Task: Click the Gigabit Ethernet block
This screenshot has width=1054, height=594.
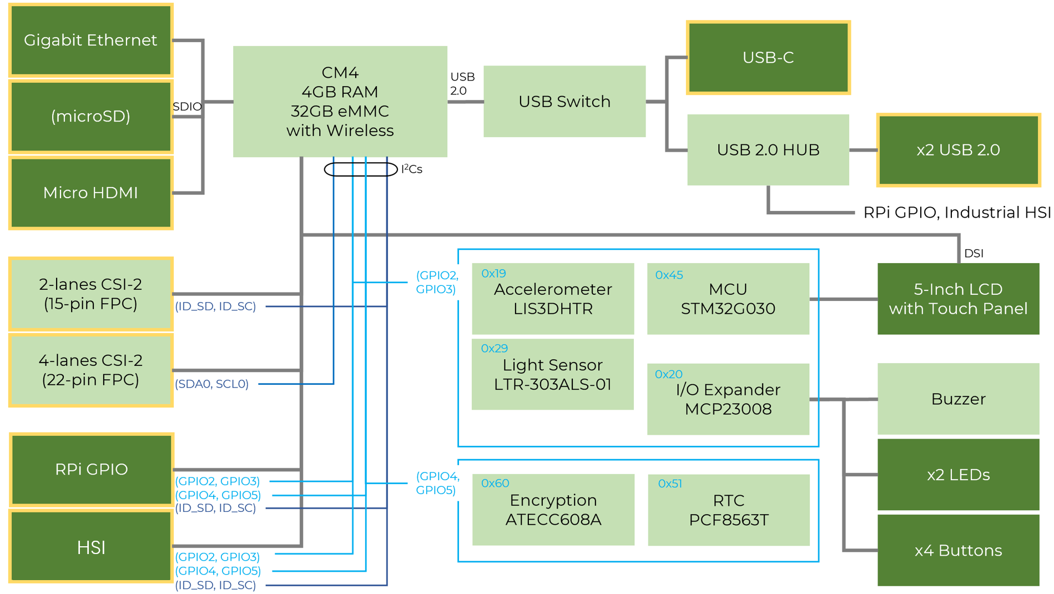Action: (x=90, y=40)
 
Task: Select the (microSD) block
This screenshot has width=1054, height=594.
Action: (x=90, y=116)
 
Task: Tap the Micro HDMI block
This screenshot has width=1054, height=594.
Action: (x=90, y=193)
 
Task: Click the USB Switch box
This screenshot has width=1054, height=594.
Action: (x=564, y=102)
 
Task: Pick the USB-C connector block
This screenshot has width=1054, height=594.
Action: (x=768, y=58)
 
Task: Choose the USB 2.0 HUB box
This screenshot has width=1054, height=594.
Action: (x=768, y=150)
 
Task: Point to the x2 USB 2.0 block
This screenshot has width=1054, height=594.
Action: (x=958, y=150)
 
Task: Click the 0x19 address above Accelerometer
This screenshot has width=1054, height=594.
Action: (x=493, y=273)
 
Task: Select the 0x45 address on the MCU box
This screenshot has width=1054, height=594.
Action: (x=669, y=275)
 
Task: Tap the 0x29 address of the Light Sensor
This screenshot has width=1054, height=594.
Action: (x=494, y=348)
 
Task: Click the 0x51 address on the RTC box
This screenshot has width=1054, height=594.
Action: (x=669, y=484)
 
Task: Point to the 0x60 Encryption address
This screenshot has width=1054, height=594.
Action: (x=495, y=483)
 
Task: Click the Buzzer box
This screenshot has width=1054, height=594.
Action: (x=958, y=399)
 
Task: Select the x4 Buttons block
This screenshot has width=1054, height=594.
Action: (x=958, y=550)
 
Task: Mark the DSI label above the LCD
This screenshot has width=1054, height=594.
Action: (x=974, y=253)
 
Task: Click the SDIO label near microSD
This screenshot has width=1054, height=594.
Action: (x=187, y=107)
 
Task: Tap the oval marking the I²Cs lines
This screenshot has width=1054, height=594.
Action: (x=361, y=169)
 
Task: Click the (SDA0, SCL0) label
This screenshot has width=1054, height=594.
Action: (x=211, y=384)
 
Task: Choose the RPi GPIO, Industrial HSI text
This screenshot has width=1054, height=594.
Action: (x=957, y=212)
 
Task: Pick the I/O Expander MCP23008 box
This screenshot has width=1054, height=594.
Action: (x=728, y=399)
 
